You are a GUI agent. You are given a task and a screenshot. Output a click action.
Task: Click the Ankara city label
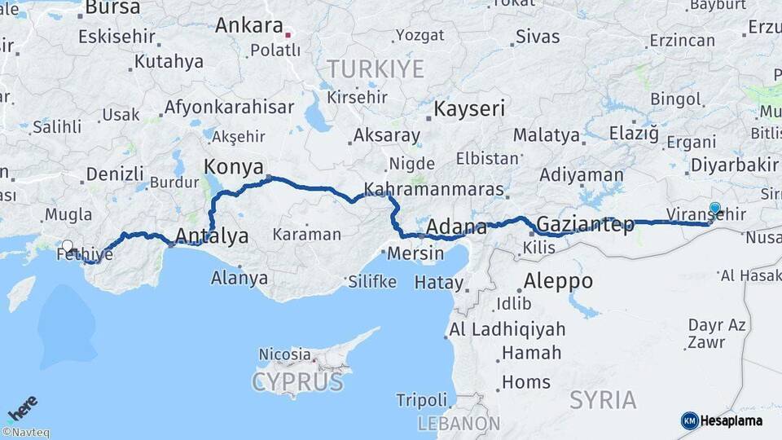click(x=248, y=25)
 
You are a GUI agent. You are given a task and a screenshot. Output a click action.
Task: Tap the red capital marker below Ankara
click(x=287, y=36)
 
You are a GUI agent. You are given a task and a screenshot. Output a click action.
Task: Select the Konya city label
click(x=233, y=167)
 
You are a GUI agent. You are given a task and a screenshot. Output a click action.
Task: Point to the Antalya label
click(x=213, y=237)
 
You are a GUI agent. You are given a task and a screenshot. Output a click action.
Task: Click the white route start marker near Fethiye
click(x=67, y=244)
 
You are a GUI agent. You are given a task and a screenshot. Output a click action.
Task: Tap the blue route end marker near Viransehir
click(x=715, y=209)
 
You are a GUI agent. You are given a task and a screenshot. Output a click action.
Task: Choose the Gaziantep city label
click(x=586, y=225)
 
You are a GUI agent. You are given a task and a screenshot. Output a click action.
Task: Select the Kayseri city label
click(x=469, y=108)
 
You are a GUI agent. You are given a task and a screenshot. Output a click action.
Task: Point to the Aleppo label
click(x=558, y=281)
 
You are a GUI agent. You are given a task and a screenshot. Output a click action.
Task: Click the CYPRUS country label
click(x=297, y=381)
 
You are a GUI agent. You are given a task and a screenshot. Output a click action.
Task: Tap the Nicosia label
click(x=284, y=354)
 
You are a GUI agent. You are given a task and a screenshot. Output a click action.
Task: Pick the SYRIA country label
click(x=603, y=400)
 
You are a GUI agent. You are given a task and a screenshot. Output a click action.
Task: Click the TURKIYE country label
click(x=376, y=68)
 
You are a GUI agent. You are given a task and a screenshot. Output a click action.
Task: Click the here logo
click(x=23, y=408)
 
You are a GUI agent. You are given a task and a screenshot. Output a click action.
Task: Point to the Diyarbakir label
click(x=734, y=165)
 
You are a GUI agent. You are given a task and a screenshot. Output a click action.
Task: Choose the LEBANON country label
click(x=459, y=424)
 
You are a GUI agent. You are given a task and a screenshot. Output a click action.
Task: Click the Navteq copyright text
click(x=25, y=433)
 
